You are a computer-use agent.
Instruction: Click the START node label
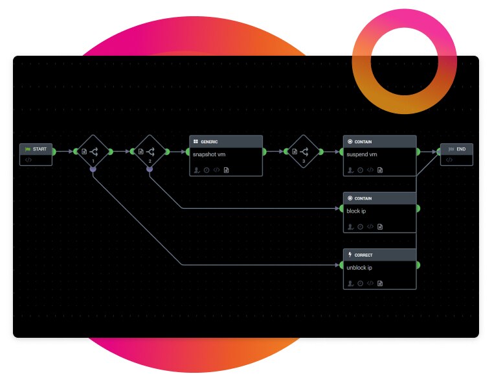(x=39, y=149)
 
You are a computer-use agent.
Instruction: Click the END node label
(x=461, y=149)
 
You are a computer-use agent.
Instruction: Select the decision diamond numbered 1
(x=93, y=152)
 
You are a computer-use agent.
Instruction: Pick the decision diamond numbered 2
(x=150, y=152)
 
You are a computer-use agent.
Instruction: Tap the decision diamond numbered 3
(x=303, y=152)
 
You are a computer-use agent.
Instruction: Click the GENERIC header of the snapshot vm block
(x=209, y=141)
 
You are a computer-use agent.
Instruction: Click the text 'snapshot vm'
(x=208, y=154)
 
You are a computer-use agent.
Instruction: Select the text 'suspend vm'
(x=362, y=154)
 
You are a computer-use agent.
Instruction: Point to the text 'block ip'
(x=356, y=211)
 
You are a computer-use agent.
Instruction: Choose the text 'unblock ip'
(x=359, y=268)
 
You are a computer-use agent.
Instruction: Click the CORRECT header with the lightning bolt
(x=363, y=255)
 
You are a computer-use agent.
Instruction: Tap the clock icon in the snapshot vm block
(x=207, y=170)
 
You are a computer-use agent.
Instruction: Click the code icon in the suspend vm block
(x=370, y=170)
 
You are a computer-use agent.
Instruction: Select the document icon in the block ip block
(x=381, y=227)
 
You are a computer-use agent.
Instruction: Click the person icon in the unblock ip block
(x=350, y=283)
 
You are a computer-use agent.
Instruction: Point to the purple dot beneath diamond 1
(x=93, y=169)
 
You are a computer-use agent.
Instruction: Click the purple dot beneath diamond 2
(x=150, y=169)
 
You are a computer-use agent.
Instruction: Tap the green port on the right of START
(x=54, y=152)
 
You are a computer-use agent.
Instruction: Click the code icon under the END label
(x=449, y=159)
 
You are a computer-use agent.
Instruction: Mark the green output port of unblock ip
(x=418, y=265)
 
